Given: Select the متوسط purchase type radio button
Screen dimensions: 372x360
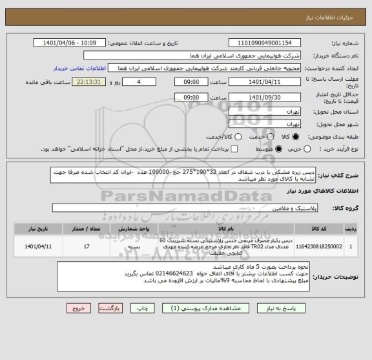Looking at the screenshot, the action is [243, 150].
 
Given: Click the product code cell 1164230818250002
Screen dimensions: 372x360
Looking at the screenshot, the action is [318, 246].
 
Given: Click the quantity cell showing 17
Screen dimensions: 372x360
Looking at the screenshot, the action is [87, 246].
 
